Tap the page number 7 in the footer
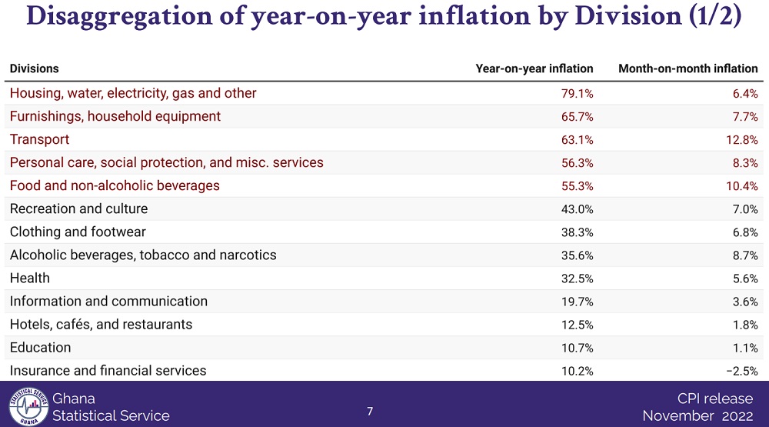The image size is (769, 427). (370, 411)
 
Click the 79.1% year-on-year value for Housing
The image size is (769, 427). (578, 93)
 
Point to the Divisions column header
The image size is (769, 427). (35, 68)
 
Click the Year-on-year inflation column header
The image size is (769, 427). (534, 68)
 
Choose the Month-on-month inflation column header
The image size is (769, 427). (688, 68)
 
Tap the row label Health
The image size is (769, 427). (30, 278)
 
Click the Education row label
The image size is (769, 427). (41, 347)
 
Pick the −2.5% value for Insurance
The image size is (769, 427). (741, 370)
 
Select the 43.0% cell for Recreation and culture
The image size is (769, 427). (578, 208)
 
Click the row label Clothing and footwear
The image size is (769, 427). (78, 232)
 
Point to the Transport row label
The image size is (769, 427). (39, 139)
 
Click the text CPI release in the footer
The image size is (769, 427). (715, 399)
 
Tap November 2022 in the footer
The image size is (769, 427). (698, 416)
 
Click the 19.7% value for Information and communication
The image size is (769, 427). (578, 301)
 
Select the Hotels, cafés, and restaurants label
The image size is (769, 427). (101, 324)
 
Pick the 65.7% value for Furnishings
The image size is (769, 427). (578, 116)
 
